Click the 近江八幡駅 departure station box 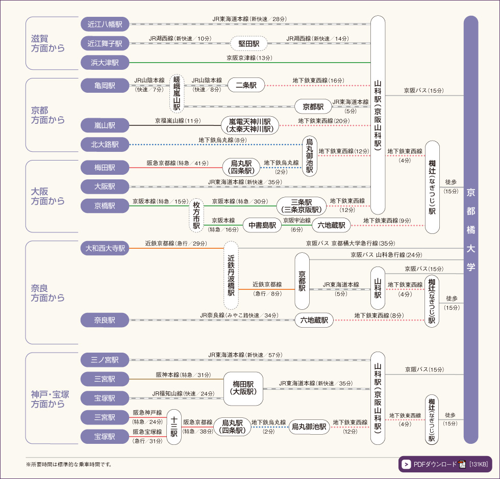[x=105, y=24]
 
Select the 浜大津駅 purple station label [x=105, y=62]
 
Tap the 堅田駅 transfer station [x=249, y=44]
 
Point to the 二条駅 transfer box [x=246, y=85]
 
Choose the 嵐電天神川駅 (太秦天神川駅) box [x=250, y=125]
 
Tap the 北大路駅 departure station [x=105, y=145]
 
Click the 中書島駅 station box [x=262, y=225]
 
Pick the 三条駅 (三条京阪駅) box [x=301, y=205]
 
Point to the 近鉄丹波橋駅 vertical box [x=231, y=275]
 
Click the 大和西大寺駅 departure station [x=105, y=248]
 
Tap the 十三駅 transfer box [x=174, y=427]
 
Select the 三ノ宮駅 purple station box [x=105, y=360]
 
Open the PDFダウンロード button [x=445, y=464]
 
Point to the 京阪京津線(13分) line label [x=249, y=58]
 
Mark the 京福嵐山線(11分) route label [x=178, y=121]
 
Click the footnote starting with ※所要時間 [x=68, y=464]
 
